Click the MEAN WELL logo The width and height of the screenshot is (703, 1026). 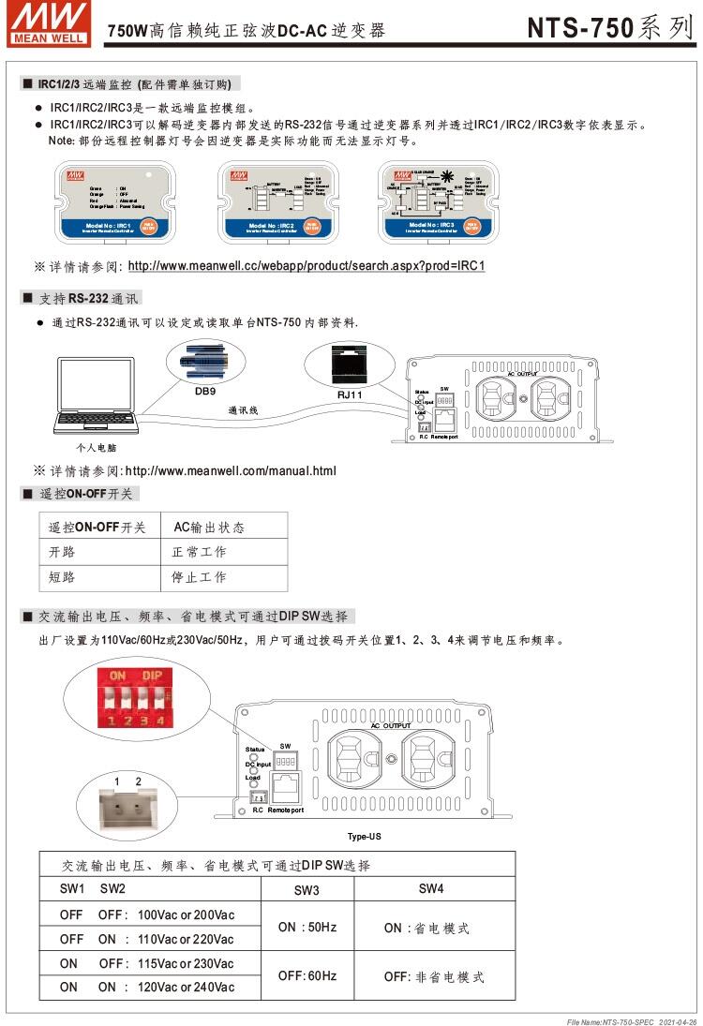pyautogui.click(x=51, y=23)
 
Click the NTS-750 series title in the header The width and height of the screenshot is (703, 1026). pyautogui.click(x=610, y=27)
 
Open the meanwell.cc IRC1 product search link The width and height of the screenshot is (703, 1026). pyautogui.click(x=306, y=266)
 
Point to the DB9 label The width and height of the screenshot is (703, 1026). pyautogui.click(x=205, y=391)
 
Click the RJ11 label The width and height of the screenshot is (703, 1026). pyautogui.click(x=350, y=394)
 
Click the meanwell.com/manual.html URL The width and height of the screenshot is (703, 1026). pyautogui.click(x=230, y=470)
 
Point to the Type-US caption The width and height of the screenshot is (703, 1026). pyautogui.click(x=364, y=836)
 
